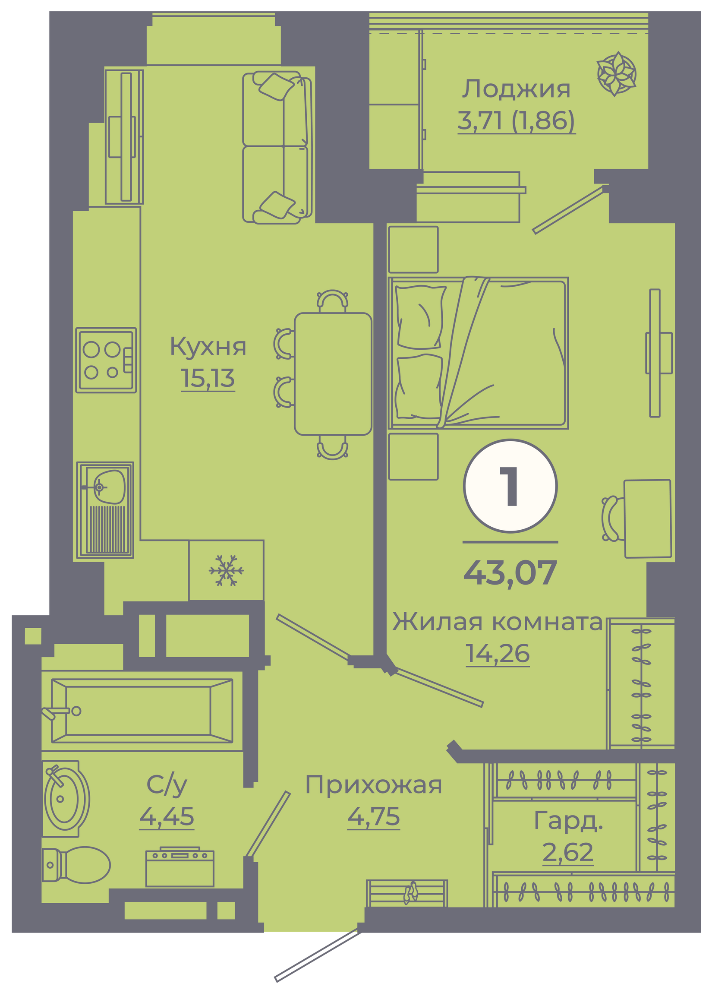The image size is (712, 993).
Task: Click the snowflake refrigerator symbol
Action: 226,570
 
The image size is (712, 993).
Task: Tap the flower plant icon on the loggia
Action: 616,74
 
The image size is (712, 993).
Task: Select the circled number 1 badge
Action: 510,486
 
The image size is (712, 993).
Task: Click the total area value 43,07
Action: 510,572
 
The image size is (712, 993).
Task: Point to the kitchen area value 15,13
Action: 208,378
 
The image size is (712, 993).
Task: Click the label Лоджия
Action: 517,89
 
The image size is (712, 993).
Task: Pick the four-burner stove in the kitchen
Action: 106,360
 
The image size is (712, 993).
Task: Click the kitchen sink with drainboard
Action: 105,510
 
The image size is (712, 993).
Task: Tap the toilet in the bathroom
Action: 76,865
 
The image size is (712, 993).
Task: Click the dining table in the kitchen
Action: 333,374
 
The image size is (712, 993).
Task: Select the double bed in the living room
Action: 478,353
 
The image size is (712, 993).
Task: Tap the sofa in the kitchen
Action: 277,148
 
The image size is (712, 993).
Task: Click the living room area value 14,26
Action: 498,653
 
